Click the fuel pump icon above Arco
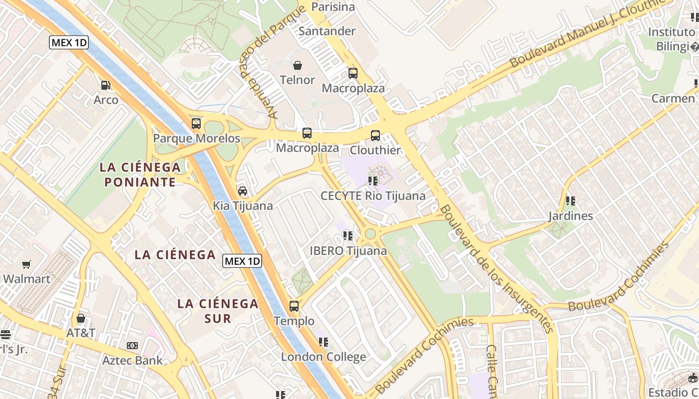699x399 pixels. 105,85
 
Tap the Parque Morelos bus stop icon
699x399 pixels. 196,123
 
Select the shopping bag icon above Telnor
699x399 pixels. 298,65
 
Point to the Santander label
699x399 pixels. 327,31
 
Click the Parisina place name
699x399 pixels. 333,7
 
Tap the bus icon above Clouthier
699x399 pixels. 375,135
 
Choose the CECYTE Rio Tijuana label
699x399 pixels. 373,196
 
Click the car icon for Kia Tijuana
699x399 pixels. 243,191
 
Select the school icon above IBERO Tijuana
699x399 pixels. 348,235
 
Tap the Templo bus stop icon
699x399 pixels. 294,306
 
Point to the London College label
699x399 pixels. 324,357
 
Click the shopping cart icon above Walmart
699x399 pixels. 26,264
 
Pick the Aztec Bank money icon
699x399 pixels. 132,345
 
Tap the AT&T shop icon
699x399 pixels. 81,318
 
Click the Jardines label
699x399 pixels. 571,216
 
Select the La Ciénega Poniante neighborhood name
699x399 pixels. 140,174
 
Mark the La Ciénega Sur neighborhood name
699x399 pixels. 218,310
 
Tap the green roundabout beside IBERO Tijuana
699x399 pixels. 370,233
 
